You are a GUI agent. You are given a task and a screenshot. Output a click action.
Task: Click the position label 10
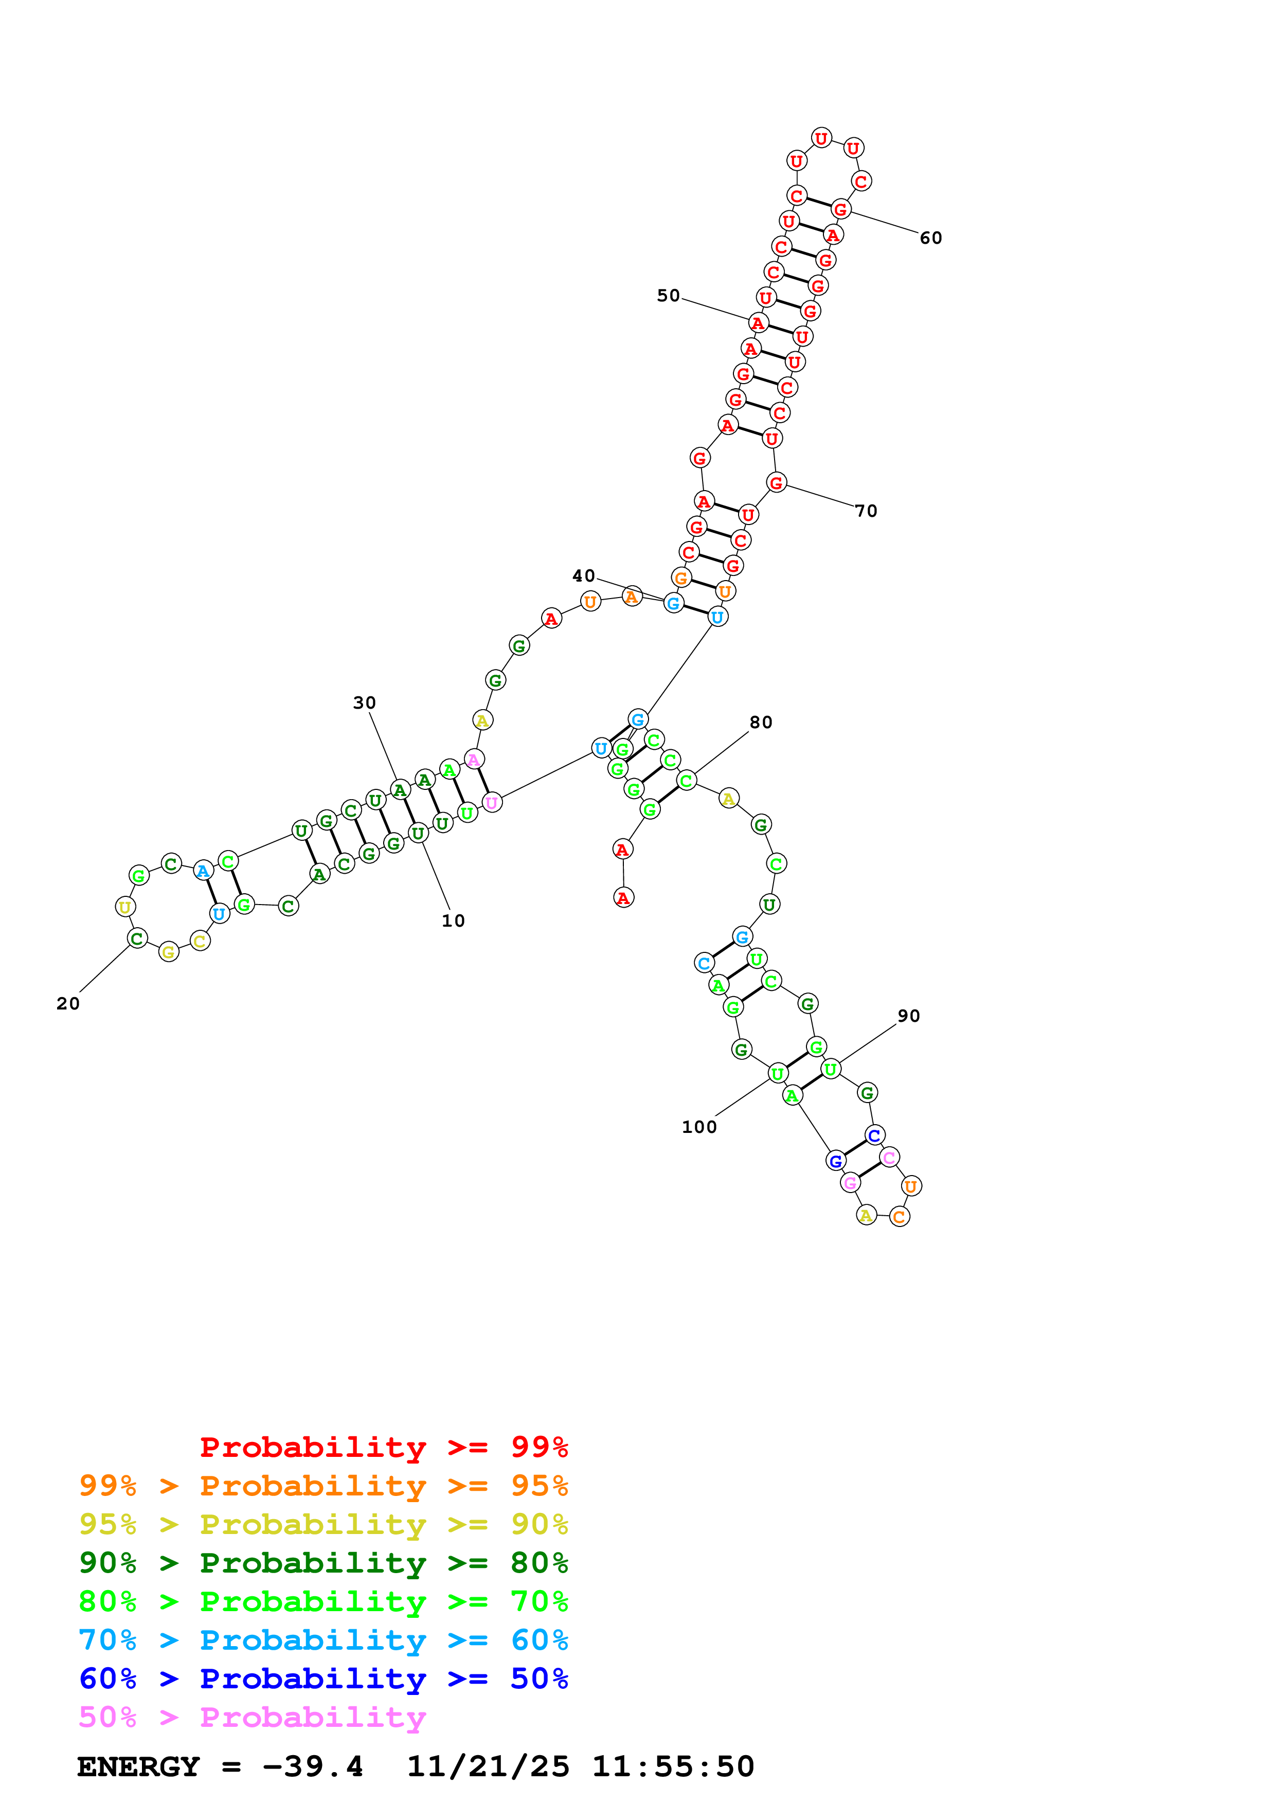point(453,921)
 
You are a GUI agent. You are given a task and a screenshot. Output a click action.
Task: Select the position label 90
point(908,1016)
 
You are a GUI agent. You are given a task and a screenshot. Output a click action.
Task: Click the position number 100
point(698,1127)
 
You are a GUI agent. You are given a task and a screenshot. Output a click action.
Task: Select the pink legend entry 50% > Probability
point(252,1718)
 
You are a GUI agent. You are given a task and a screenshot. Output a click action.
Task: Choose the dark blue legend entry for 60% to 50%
point(323,1679)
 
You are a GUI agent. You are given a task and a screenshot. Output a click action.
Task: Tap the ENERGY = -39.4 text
point(220,1767)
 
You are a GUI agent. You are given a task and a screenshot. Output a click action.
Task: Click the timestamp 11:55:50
point(672,1767)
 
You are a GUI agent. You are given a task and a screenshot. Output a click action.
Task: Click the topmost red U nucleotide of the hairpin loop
point(821,138)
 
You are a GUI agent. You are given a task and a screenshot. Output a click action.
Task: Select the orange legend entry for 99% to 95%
point(323,1486)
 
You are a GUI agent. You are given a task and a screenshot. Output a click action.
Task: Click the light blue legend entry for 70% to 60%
point(323,1640)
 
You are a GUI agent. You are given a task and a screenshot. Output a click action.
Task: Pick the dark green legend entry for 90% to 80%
point(323,1563)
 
